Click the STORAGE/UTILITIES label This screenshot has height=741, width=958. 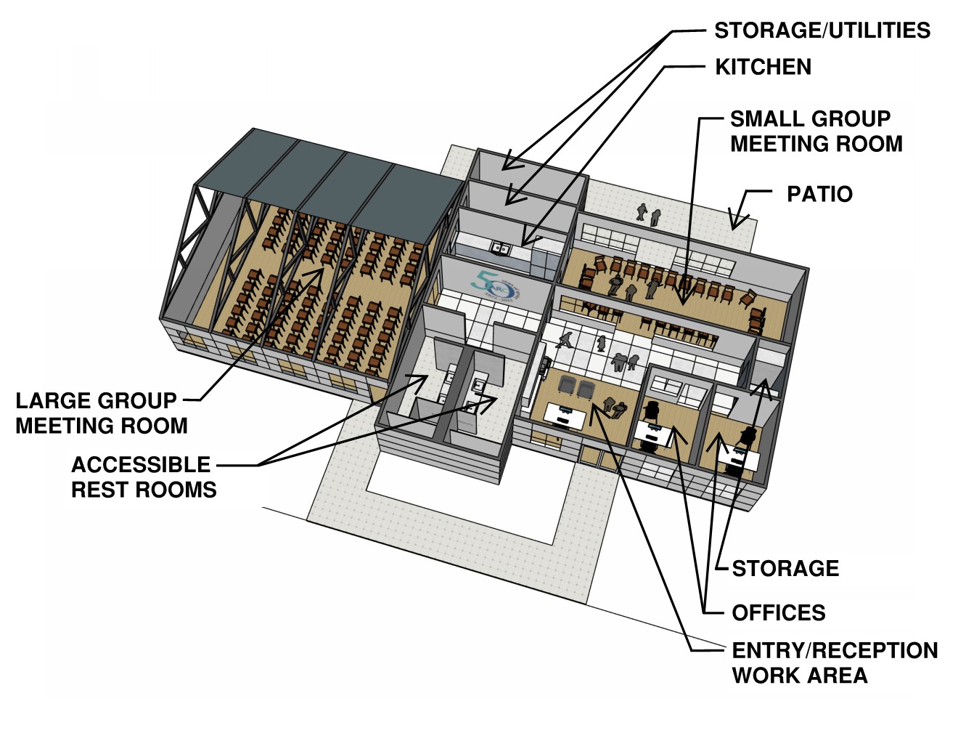(822, 31)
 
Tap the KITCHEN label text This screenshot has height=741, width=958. (763, 67)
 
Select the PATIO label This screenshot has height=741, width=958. (819, 194)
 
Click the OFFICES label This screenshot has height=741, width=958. (778, 613)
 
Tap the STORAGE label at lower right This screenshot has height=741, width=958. (785, 568)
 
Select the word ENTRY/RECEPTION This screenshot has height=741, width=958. (835, 650)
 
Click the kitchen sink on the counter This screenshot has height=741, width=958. (500, 248)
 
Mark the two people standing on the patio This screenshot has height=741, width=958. (648, 214)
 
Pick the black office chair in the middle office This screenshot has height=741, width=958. (651, 410)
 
